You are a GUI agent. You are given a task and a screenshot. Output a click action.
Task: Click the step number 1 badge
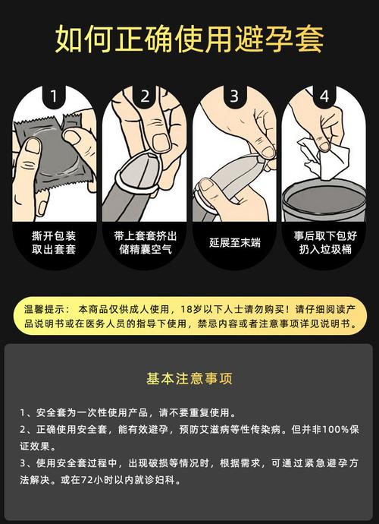[53, 96]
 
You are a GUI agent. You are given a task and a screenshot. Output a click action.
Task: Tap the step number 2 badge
[145, 96]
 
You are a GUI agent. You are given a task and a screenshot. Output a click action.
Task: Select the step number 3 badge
[234, 96]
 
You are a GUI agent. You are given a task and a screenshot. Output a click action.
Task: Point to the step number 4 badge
[324, 96]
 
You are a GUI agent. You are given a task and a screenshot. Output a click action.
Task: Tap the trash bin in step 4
[324, 200]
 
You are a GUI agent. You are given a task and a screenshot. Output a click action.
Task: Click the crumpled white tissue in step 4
[323, 157]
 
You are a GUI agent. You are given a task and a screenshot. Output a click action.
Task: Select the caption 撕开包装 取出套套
[54, 242]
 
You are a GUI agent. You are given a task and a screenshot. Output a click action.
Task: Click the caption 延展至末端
[234, 242]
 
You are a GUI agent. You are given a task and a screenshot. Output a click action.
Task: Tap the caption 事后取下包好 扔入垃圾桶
[325, 242]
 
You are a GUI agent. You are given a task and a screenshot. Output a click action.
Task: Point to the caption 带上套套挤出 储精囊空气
[145, 242]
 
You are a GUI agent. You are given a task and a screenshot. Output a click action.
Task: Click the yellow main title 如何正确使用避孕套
[189, 39]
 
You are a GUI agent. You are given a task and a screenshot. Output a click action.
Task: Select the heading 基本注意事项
[189, 378]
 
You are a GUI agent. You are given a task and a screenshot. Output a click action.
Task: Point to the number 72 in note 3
[86, 480]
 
